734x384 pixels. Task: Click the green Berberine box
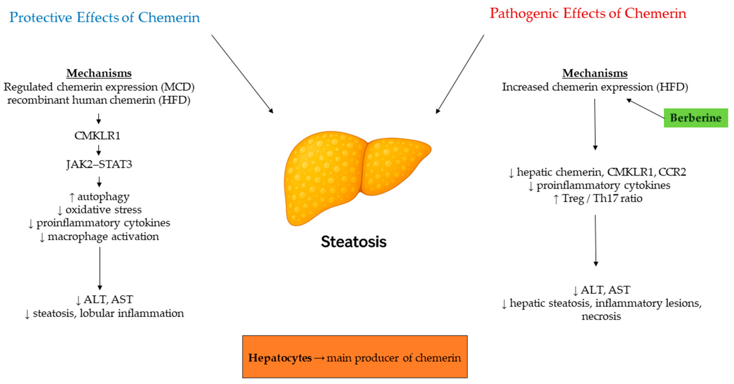coord(695,118)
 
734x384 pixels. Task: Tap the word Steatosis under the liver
coord(354,242)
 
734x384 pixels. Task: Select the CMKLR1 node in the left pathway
coord(97,136)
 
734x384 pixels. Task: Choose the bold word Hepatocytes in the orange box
coord(280,358)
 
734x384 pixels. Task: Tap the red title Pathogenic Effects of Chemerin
coord(588,13)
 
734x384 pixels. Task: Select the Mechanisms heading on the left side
coord(99,73)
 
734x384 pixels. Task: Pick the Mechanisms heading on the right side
coord(595,73)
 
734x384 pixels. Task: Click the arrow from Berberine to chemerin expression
coord(645,109)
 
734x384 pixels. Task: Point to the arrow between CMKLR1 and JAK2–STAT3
coord(99,150)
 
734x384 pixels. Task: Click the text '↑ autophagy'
coord(100,197)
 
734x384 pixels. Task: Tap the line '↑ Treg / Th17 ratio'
coord(598,199)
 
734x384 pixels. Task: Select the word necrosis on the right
coord(601,316)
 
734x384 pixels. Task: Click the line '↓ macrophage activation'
coord(99,236)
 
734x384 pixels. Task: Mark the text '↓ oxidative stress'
coord(100,210)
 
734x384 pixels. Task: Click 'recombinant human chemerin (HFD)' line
coord(99,100)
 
